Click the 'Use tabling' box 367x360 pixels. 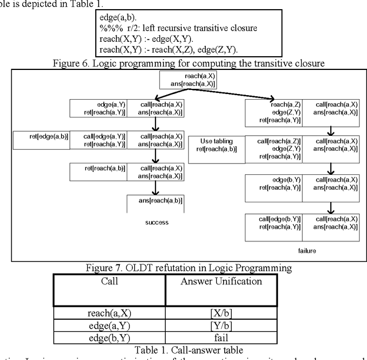(x=216, y=145)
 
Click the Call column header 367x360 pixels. (x=110, y=281)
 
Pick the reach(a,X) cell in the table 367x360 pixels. (x=110, y=313)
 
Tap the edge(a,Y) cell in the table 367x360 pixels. (x=110, y=325)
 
